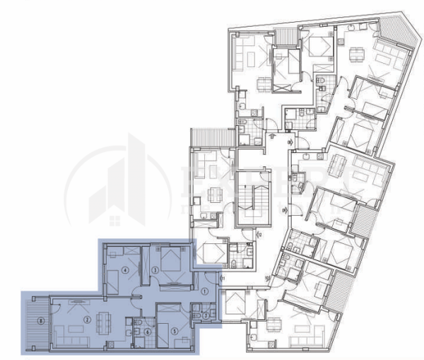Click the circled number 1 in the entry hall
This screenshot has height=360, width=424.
pos(204,290)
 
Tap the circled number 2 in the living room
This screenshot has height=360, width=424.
pos(86,320)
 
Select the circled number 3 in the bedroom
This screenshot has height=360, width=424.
pos(155,269)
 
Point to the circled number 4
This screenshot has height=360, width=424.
pos(125,269)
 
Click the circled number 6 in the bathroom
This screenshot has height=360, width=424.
pos(147,331)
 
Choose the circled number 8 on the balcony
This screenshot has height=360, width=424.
pos(42,321)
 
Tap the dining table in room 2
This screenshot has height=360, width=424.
pos(103,322)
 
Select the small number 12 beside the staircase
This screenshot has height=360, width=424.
pos(259,234)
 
